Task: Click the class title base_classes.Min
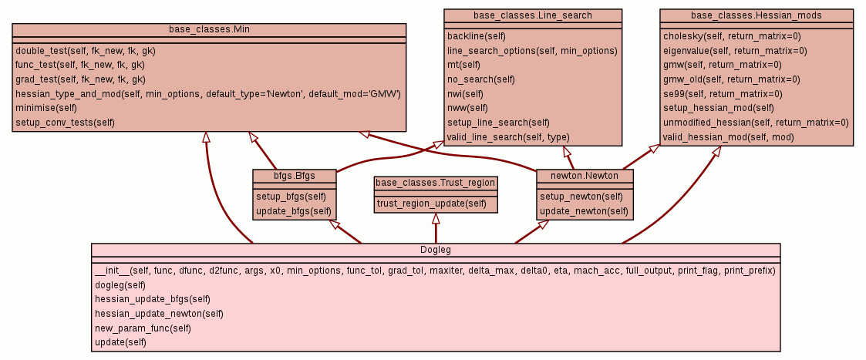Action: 209,29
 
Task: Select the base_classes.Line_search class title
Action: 533,15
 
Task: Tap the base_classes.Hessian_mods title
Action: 756,15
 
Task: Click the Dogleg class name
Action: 436,249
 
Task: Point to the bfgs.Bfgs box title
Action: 295,176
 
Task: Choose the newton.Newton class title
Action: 585,176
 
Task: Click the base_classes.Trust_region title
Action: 436,183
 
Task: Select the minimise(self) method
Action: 46,108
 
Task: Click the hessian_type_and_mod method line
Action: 207,93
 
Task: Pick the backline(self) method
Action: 477,35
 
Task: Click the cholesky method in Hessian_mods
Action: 732,35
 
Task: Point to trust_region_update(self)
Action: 431,204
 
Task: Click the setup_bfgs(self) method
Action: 293,196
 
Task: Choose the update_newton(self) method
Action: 584,210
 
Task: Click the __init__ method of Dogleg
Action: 434,270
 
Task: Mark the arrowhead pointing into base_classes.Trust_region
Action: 436,218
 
